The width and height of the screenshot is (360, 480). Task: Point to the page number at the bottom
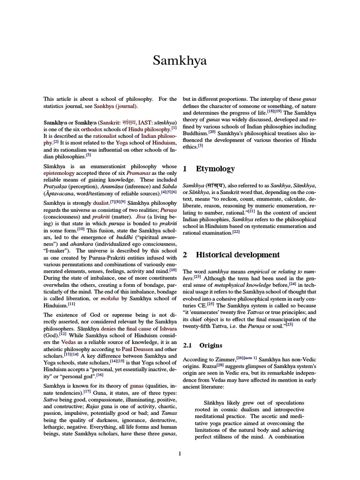[x=180, y=453]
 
